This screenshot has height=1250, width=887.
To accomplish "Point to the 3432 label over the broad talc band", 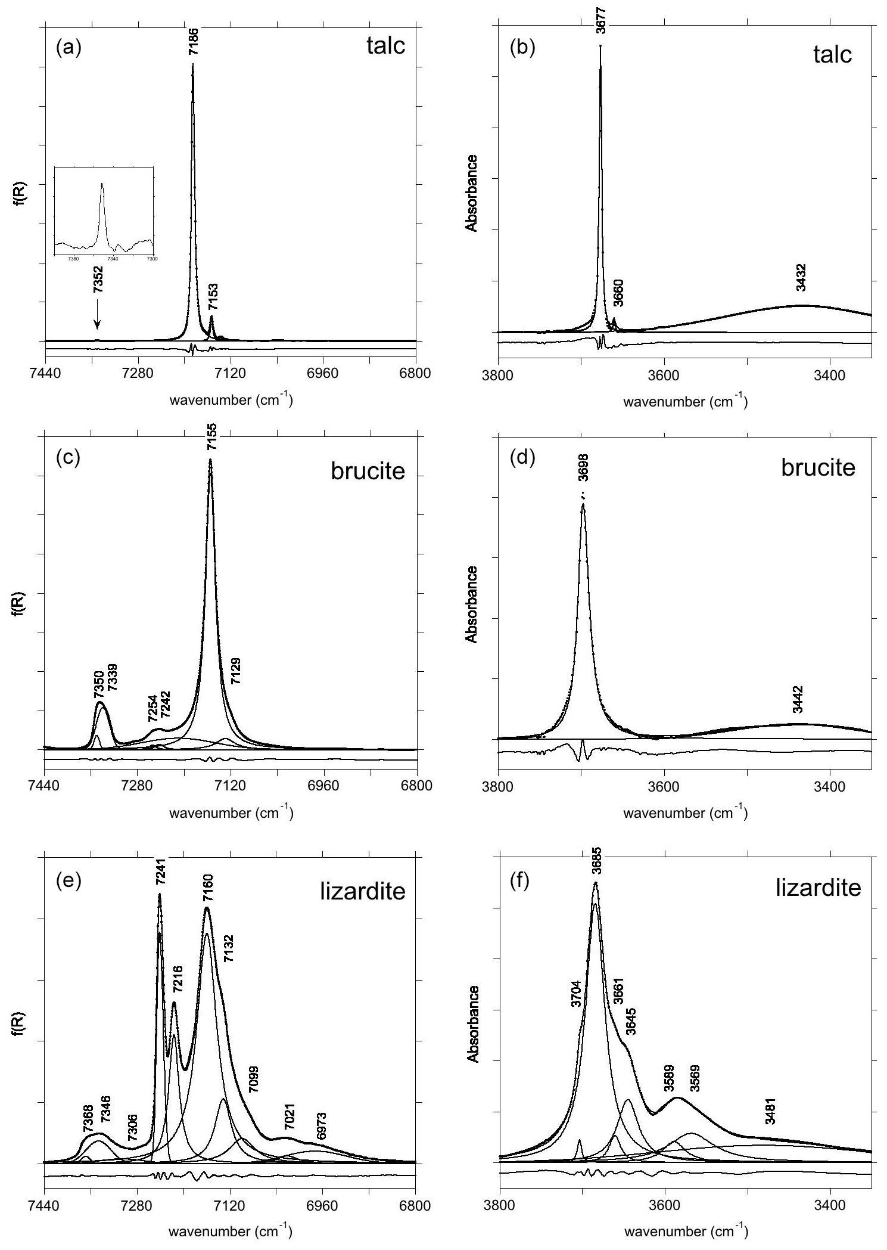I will [801, 278].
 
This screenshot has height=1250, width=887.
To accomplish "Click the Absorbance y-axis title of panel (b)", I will [472, 193].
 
